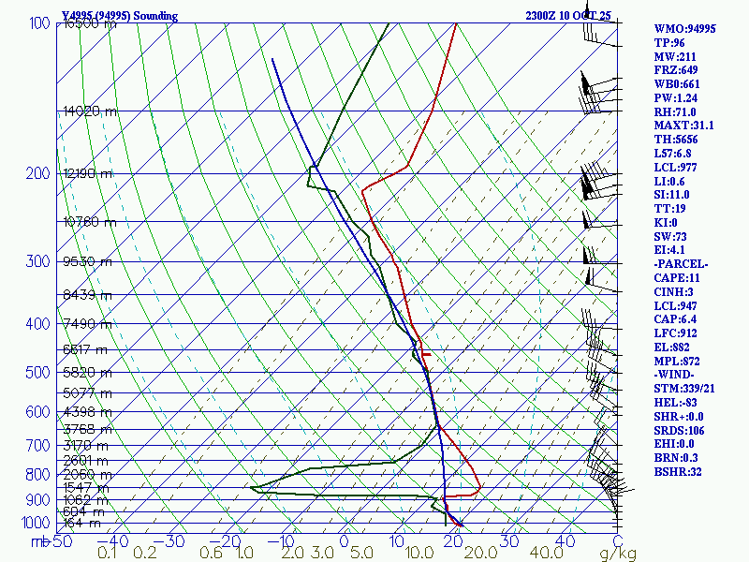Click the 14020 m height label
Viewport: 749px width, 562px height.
90,111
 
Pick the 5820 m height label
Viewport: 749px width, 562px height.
87,372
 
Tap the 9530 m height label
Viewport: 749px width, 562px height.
87,262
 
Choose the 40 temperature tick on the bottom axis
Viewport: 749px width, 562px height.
565,540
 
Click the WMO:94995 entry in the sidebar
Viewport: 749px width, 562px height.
684,29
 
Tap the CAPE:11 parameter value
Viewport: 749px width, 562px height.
678,278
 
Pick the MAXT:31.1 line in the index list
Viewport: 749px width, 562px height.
683,126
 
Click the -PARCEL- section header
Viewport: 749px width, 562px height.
681,264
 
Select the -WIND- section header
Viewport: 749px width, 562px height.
677,375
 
